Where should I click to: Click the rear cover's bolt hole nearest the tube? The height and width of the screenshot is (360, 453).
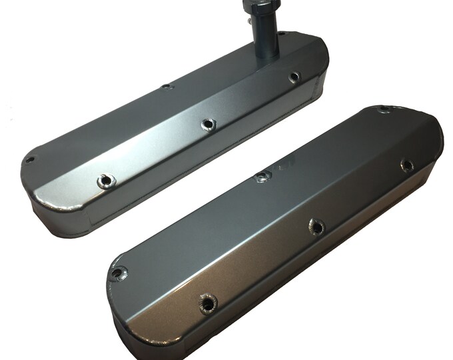tap(294, 77)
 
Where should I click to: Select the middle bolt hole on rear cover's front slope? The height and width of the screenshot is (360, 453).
tap(208, 124)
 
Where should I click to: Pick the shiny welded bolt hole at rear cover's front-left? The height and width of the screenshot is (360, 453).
tap(105, 180)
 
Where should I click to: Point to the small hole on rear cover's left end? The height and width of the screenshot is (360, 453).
tap(29, 159)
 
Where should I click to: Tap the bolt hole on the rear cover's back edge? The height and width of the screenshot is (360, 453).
tap(167, 87)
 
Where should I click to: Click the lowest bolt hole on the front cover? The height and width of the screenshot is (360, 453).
tap(208, 303)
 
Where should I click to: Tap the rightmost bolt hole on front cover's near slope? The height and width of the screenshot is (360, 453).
tap(406, 165)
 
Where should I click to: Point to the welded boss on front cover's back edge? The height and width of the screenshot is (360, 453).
tap(262, 176)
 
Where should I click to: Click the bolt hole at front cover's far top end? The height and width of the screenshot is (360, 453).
tap(382, 109)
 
